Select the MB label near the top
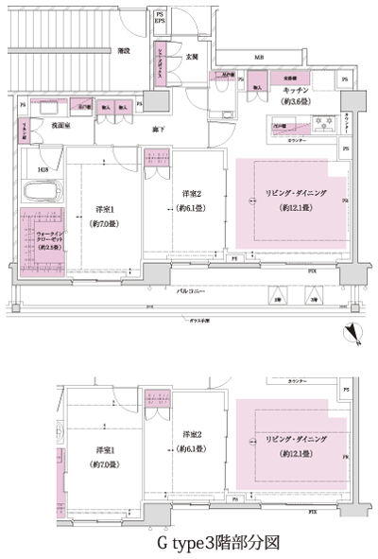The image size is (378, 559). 257,57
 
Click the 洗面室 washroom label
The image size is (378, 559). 50,124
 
